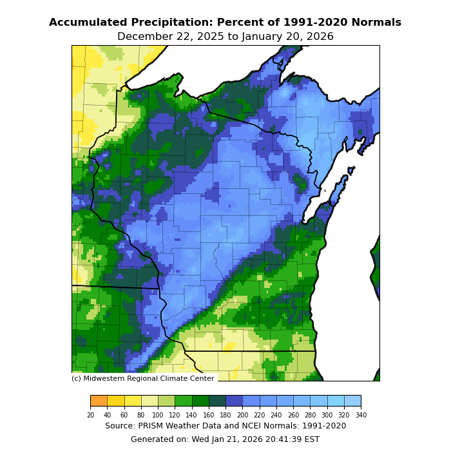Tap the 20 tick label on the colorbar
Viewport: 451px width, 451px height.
coord(90,415)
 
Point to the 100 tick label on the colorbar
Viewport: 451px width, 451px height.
coord(158,415)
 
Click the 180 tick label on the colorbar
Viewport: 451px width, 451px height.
coord(225,415)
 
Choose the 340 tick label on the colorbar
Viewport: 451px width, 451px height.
coord(361,415)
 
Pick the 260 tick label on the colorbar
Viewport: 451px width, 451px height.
coord(293,415)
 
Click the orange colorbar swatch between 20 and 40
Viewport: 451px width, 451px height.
coord(99,401)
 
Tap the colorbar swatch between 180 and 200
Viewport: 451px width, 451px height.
coord(234,401)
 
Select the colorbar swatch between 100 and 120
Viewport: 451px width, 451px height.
coord(166,401)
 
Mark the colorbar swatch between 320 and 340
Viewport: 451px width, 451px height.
coord(352,401)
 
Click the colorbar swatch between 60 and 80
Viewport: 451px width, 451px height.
coord(133,401)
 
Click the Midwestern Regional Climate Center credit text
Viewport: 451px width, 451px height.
coord(143,379)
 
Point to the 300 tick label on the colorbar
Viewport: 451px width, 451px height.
coord(327,415)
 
